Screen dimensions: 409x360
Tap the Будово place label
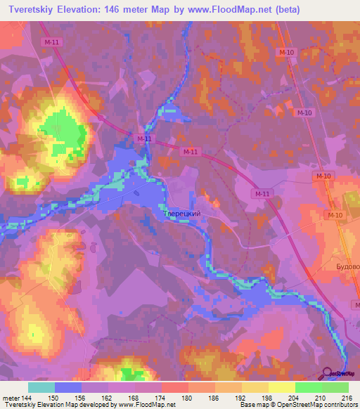[343, 267]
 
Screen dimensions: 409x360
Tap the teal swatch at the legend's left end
[41, 387]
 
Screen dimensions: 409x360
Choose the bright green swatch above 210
[309, 387]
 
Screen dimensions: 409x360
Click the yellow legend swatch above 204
[282, 387]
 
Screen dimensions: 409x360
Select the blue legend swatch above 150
[68, 387]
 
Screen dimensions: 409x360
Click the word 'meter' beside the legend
[11, 398]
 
